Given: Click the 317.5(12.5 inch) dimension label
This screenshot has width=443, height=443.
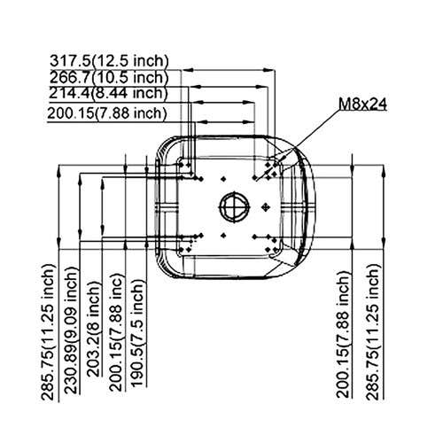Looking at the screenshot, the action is [x=109, y=61].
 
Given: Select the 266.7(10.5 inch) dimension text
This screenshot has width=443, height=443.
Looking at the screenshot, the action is [x=109, y=78].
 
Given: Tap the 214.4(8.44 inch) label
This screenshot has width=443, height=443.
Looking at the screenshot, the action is [x=108, y=93].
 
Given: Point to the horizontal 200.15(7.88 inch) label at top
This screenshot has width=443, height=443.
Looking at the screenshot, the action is [x=107, y=113].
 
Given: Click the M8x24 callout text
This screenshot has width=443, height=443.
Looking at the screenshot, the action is [x=362, y=104].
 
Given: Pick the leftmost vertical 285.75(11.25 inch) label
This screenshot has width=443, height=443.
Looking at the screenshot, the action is [x=48, y=332].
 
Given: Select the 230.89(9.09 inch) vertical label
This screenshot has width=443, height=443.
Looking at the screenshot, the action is [x=71, y=330].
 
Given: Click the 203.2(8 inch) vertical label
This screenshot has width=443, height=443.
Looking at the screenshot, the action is [x=94, y=329].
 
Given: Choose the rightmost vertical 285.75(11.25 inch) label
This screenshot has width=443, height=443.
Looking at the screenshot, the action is [x=373, y=332].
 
